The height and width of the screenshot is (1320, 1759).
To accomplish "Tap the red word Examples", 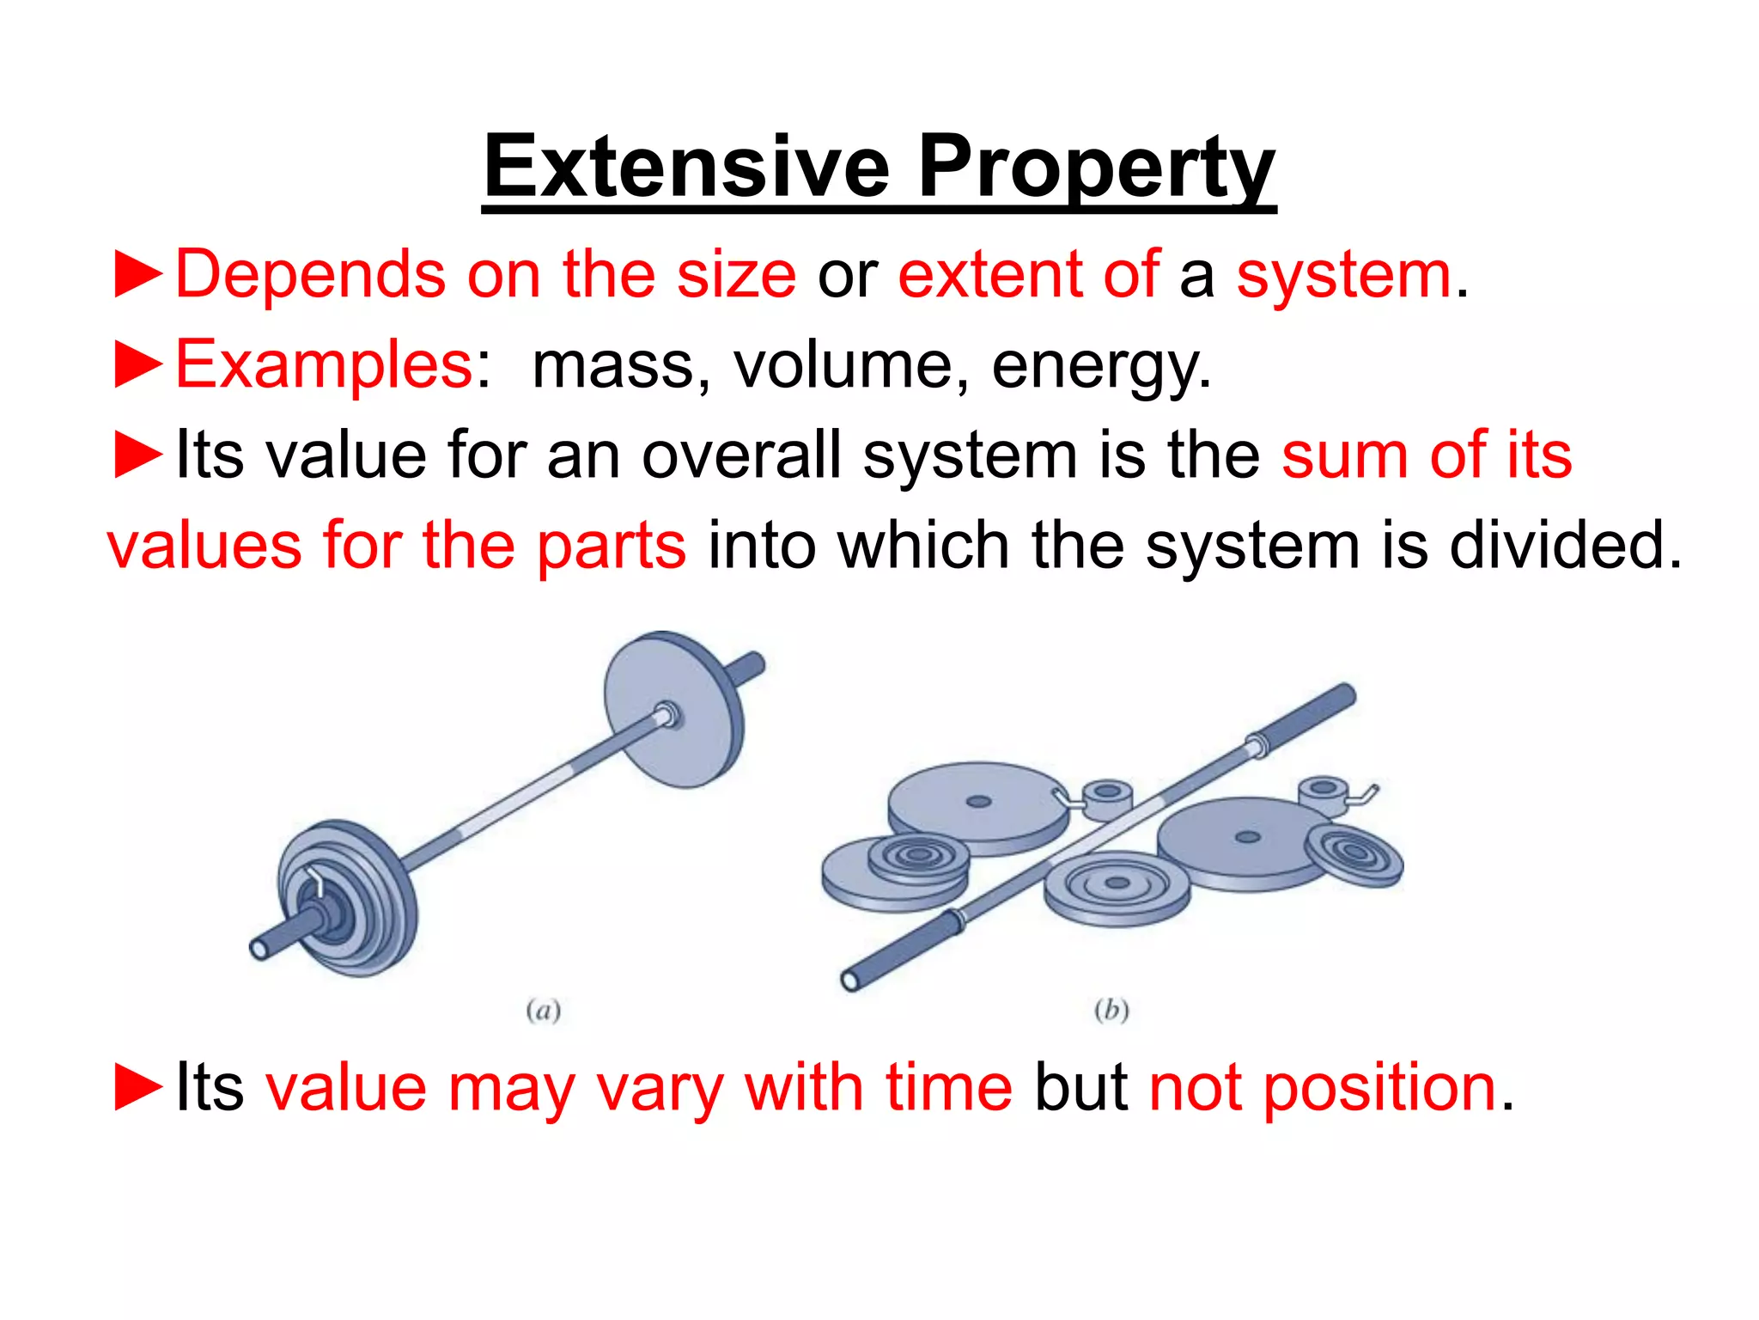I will pyautogui.click(x=324, y=365).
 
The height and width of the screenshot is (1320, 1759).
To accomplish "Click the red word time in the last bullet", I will pyautogui.click(x=949, y=1088).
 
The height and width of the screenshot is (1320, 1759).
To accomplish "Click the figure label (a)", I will pyautogui.click(x=543, y=1010).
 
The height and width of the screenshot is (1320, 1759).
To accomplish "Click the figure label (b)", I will pyautogui.click(x=1111, y=1010).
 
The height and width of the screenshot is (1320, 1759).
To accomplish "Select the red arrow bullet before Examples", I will pyautogui.click(x=138, y=365).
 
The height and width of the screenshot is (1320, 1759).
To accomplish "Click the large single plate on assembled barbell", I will pyautogui.click(x=673, y=710).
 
